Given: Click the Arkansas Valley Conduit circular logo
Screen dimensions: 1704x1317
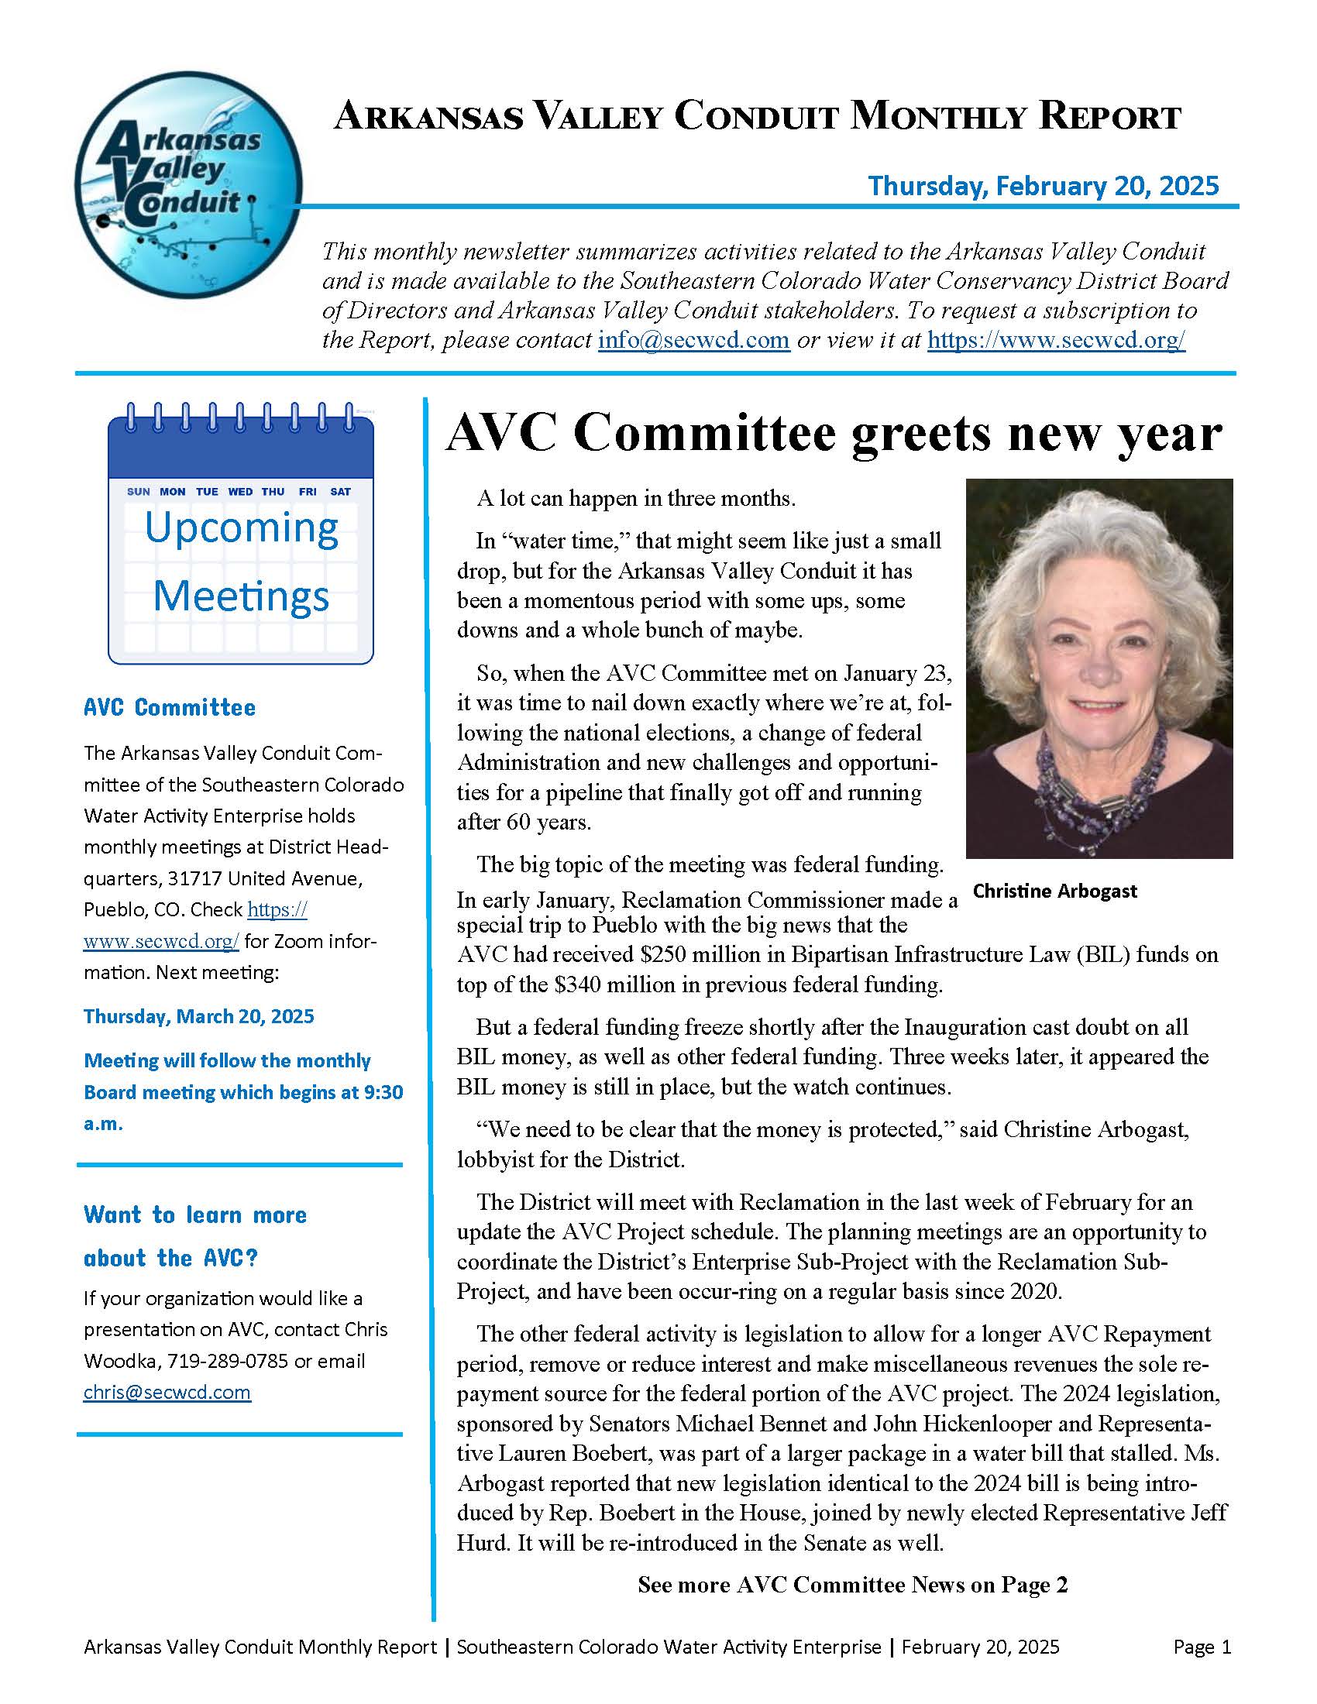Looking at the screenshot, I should click(188, 185).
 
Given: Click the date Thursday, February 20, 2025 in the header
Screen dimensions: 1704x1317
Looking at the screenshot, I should click(1044, 186).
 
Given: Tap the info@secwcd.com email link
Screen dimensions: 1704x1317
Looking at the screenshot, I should click(693, 340).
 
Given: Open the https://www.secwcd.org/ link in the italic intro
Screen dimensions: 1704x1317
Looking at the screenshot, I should click(1056, 340).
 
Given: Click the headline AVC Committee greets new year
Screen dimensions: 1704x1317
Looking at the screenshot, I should click(833, 433).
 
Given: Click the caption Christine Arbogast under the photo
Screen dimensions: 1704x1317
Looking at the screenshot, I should click(1055, 891).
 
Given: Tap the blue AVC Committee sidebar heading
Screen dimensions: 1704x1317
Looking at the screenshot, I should click(170, 708).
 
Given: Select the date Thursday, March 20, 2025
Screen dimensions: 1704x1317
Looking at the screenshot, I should click(199, 1016).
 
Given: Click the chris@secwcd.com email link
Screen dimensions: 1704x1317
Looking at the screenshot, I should click(167, 1393).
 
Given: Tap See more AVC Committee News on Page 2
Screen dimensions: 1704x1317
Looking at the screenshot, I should click(852, 1585).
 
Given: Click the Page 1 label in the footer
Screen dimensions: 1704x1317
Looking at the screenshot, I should click(1202, 1647).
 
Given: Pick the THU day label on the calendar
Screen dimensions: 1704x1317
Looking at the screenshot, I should click(273, 492).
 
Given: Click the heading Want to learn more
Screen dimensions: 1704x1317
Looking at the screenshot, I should click(195, 1214).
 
